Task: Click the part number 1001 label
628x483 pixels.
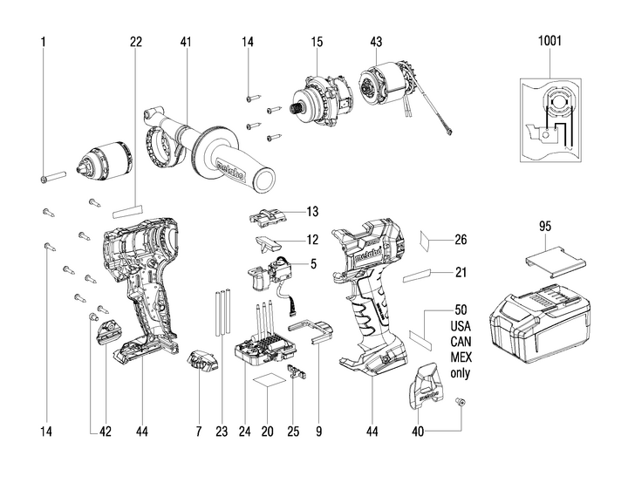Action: click(550, 41)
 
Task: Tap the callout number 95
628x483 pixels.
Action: click(546, 226)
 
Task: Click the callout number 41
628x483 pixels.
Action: click(186, 41)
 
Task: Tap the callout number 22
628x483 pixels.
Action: click(135, 41)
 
